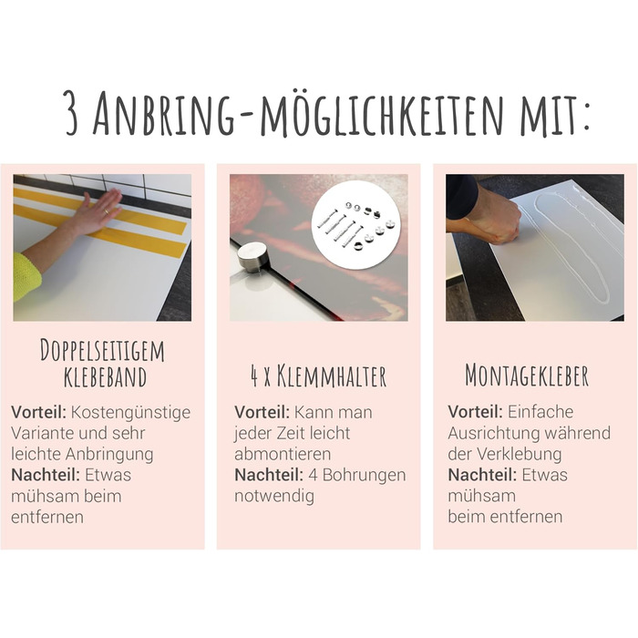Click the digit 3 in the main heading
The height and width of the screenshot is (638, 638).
71,113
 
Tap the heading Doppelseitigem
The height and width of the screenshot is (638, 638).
102,350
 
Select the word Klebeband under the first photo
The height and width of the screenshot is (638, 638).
105,377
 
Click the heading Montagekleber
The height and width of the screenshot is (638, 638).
527,376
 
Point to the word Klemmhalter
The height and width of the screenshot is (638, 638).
332,376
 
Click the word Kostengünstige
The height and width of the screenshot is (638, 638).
130,413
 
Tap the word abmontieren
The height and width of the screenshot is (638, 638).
283,454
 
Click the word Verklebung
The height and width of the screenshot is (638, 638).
520,454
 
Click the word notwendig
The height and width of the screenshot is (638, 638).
274,496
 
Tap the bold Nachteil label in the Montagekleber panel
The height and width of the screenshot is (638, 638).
482,475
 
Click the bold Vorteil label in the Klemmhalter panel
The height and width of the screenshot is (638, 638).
262,412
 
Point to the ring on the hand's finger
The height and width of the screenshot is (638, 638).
106,211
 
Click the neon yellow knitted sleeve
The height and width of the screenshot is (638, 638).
26,276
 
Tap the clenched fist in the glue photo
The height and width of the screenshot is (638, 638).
500,221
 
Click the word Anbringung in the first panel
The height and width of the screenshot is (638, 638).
109,455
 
